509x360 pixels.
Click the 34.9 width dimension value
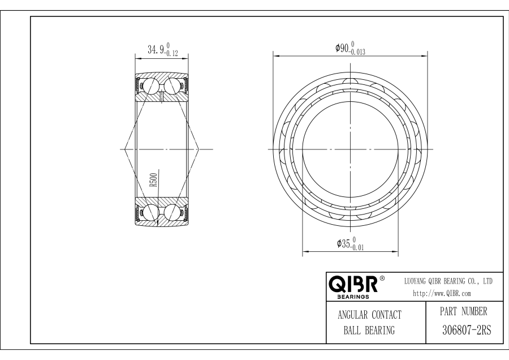tap(156, 50)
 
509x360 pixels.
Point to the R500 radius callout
tap(154, 179)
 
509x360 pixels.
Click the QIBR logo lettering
tap(353, 284)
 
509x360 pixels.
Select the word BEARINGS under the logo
tap(353, 297)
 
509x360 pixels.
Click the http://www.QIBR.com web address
tap(442, 293)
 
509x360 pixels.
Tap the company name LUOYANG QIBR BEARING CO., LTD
tap(448, 281)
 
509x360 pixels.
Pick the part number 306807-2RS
tap(467, 331)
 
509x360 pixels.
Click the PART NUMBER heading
tap(464, 311)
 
